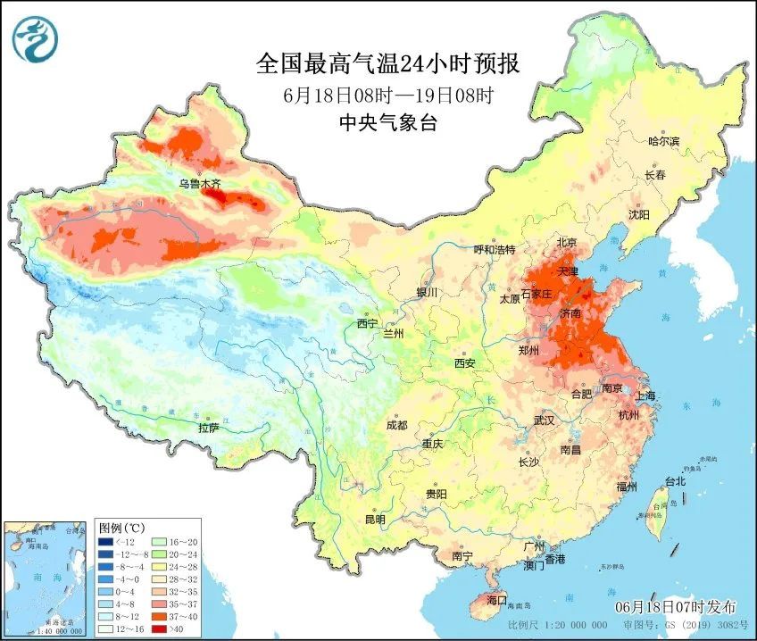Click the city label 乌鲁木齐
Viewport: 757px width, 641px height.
198,184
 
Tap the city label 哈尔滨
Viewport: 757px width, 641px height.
663,142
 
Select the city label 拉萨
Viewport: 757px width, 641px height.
208,428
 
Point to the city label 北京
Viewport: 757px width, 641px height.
568,243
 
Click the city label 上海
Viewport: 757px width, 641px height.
645,396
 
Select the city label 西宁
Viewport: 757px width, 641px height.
367,323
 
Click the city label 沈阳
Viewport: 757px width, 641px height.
638,215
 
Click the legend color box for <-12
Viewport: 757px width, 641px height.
107,542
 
